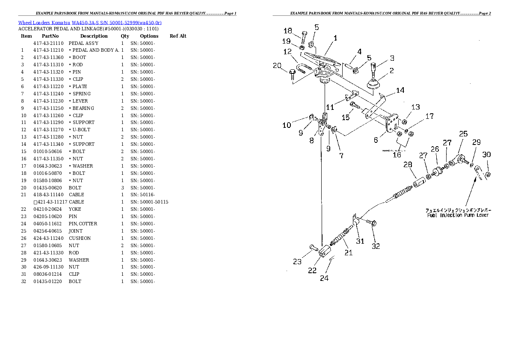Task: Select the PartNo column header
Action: point(50,36)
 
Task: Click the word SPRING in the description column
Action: point(81,94)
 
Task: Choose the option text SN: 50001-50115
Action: point(149,202)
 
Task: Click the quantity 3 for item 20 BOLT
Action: point(122,188)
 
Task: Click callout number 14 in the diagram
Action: point(400,90)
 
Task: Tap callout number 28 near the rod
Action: point(408,165)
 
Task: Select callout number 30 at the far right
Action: point(486,154)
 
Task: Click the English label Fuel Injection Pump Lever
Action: point(458,215)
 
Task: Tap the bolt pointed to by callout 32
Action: point(371,223)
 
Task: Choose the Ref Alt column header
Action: point(178,36)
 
